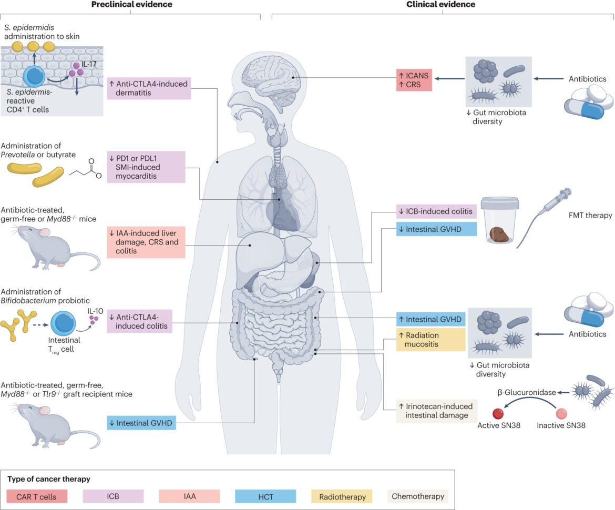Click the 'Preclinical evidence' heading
132,4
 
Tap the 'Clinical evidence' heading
440,4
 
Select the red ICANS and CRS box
414,80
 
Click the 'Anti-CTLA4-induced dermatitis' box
149,88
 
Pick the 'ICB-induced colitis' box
436,211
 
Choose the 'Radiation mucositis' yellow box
430,340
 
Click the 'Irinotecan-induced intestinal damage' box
436,411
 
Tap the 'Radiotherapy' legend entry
342,497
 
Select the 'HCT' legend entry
265,497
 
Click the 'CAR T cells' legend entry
37,497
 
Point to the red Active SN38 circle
498,413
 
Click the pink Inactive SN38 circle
561,413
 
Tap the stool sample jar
500,220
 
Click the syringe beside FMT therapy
545,217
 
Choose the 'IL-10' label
95,311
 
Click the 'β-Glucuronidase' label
527,392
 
